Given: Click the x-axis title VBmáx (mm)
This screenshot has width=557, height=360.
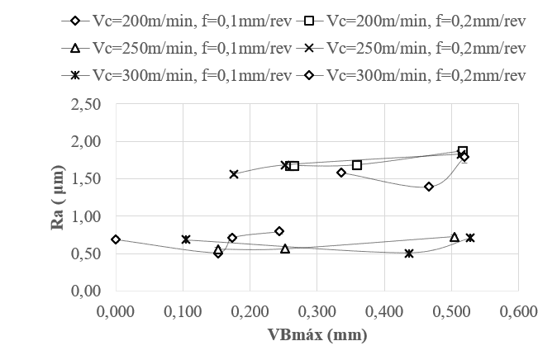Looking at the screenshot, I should (317, 335).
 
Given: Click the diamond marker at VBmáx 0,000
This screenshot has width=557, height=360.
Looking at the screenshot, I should (116, 239).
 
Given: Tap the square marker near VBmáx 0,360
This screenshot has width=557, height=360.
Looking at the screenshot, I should (357, 165).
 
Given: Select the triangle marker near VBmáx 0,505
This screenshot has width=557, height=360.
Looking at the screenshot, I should (455, 237).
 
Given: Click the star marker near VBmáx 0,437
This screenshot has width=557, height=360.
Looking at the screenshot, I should (409, 253).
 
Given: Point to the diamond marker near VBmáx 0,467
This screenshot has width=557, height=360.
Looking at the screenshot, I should (429, 187).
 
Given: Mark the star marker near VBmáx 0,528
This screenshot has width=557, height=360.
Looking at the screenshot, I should (470, 238).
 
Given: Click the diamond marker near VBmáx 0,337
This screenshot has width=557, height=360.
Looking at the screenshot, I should (341, 173).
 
